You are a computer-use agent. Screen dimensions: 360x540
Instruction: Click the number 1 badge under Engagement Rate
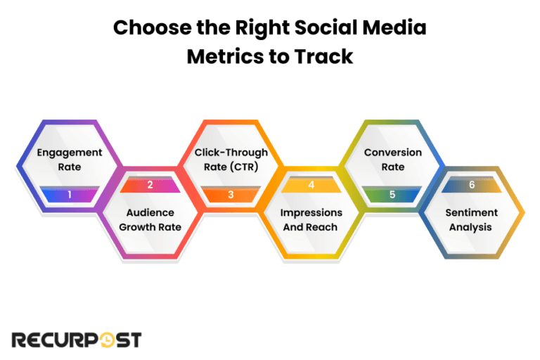69,193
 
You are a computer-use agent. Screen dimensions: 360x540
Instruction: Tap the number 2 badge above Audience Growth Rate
150,185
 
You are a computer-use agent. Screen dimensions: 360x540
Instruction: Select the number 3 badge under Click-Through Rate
230,193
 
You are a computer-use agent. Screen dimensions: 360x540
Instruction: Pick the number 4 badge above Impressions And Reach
311,185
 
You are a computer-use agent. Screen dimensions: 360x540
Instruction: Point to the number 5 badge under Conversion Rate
392,193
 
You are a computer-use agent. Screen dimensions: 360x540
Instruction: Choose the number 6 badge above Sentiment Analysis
472,185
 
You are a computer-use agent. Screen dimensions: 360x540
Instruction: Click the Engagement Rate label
69,160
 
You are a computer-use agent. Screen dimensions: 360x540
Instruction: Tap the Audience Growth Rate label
150,219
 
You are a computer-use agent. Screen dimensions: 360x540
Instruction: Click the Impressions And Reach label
311,219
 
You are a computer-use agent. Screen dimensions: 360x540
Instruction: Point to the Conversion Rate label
392,160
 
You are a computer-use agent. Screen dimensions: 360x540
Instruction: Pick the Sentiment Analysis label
472,219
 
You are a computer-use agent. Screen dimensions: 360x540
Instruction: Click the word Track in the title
324,57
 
